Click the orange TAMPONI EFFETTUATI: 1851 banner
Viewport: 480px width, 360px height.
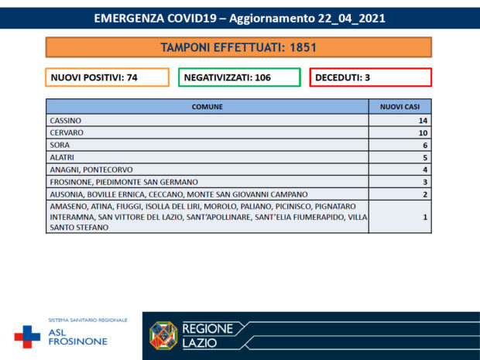pos(238,48)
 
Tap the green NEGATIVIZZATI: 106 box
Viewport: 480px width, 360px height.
pos(238,77)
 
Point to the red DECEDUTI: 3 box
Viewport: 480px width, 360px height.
pos(370,77)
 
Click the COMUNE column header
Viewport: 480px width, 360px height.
pos(207,108)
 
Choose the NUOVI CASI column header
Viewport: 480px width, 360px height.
pos(399,108)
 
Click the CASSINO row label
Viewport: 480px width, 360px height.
pos(65,121)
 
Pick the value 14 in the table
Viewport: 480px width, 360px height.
pos(422,121)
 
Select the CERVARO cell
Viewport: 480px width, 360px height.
pos(67,133)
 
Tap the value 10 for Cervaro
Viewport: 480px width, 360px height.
pos(422,133)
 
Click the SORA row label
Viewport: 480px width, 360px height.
pos(59,145)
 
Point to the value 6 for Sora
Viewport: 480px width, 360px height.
pos(424,145)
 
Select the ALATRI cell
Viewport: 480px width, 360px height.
pos(62,157)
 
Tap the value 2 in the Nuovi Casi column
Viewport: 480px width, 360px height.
pos(424,194)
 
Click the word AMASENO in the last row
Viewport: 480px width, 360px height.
pos(67,207)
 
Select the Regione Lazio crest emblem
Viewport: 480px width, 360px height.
pos(163,335)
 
